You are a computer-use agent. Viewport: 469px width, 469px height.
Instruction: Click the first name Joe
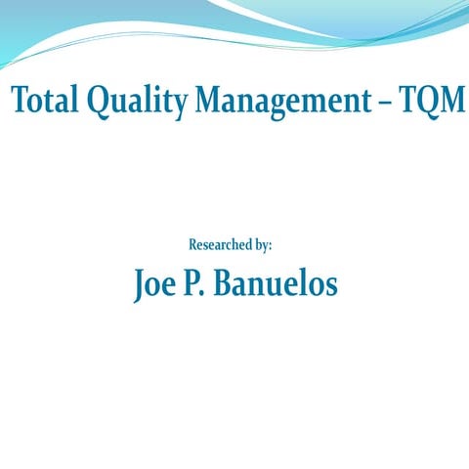pos(155,283)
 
